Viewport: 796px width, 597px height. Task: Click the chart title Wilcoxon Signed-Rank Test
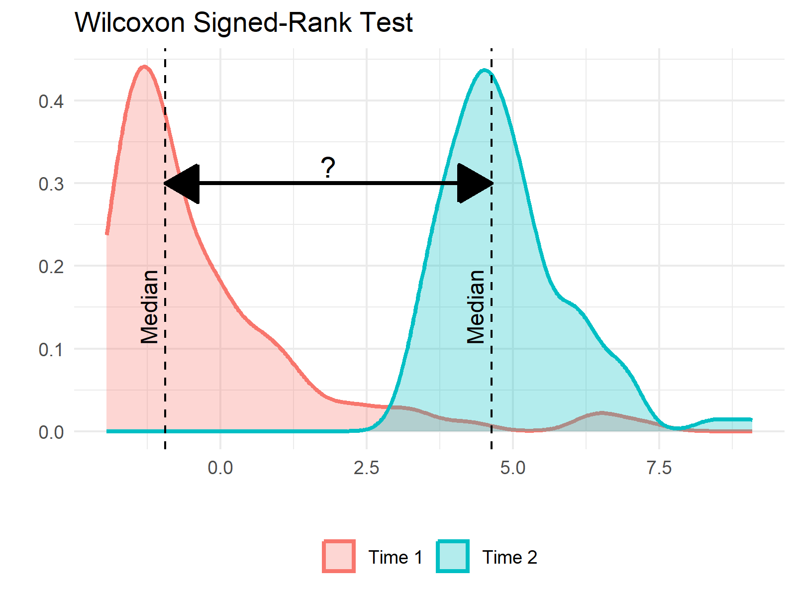click(x=244, y=22)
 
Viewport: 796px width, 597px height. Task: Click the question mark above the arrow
click(x=328, y=168)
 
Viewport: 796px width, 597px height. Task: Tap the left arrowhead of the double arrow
click(x=183, y=184)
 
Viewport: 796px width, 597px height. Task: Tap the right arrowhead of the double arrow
click(x=475, y=184)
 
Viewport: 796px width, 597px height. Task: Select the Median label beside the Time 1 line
click(x=149, y=307)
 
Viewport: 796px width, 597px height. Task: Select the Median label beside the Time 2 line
click(x=476, y=307)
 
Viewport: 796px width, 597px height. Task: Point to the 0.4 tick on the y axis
click(x=51, y=101)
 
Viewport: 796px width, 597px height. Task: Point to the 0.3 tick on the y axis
click(x=51, y=184)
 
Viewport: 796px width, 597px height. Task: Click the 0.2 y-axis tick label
click(x=51, y=267)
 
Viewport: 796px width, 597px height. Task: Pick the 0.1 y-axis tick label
click(x=51, y=349)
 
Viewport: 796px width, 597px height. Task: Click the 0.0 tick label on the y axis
click(x=51, y=432)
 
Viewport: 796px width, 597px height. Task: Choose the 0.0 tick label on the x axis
click(x=220, y=468)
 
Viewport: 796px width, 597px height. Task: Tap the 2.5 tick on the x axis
click(x=367, y=468)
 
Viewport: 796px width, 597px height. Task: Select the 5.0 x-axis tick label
click(x=513, y=468)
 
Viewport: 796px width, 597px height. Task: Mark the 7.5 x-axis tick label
click(x=659, y=468)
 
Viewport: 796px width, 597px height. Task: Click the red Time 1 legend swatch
click(x=339, y=556)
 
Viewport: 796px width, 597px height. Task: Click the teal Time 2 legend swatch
click(x=453, y=556)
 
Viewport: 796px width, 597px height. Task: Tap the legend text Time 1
click(x=396, y=557)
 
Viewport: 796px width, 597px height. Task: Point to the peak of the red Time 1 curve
click(x=144, y=66)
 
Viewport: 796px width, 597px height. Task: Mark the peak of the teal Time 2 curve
click(x=485, y=70)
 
